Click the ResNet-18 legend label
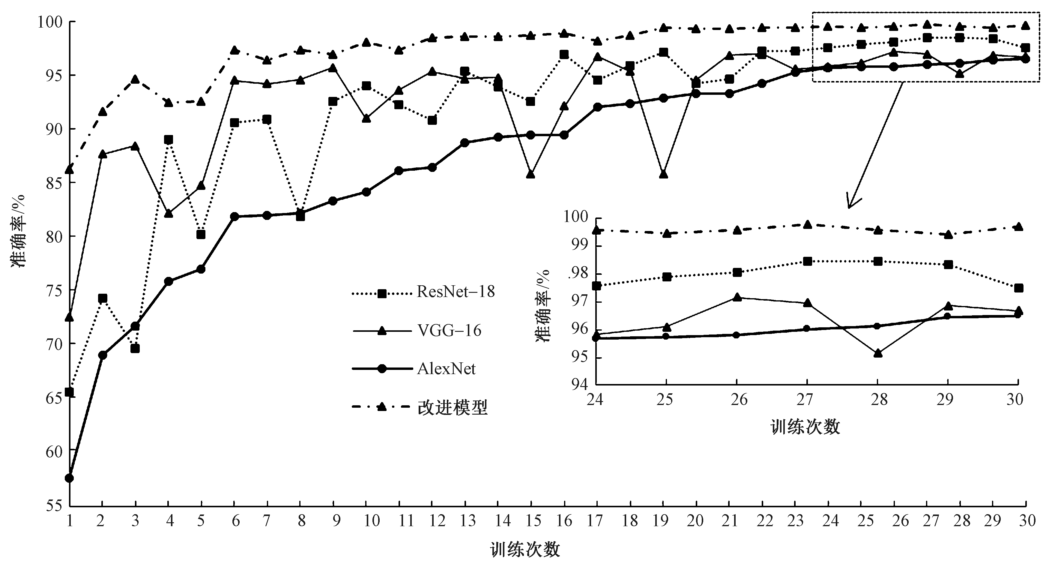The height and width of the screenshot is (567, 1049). [x=455, y=292]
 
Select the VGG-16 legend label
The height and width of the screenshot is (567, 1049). [x=449, y=330]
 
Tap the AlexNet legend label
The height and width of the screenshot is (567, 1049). [x=446, y=369]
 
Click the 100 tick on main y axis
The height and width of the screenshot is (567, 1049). [x=50, y=22]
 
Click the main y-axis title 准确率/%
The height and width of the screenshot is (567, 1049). [x=19, y=231]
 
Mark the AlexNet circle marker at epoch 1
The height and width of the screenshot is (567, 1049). [x=69, y=478]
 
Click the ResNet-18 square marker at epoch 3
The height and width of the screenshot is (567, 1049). [x=135, y=349]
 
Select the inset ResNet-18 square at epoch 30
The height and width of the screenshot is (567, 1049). [x=1018, y=288]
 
